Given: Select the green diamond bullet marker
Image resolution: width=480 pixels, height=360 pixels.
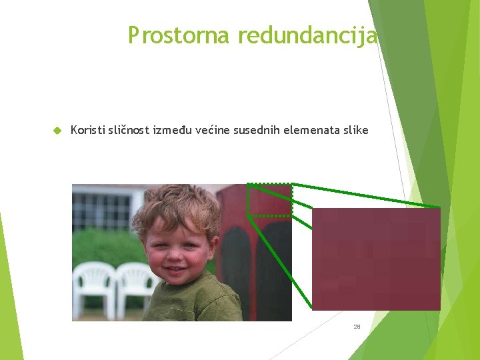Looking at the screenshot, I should (57, 131).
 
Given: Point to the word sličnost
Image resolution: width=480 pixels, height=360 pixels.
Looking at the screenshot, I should (129, 130).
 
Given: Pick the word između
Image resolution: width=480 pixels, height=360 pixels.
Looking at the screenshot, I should (173, 130).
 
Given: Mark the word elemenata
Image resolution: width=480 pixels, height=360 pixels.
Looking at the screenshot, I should (309, 130).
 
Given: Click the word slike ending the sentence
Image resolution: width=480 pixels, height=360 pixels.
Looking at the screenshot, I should (355, 130).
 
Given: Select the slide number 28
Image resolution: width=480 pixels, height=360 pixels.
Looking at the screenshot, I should (357, 327).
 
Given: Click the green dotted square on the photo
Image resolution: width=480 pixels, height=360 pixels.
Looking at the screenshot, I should (269, 199).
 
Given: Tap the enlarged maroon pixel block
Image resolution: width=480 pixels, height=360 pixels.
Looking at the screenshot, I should (376, 259).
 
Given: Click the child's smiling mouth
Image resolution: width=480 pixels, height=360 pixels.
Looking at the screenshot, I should (175, 270).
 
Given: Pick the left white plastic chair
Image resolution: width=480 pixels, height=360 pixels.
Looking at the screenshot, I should (93, 287).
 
